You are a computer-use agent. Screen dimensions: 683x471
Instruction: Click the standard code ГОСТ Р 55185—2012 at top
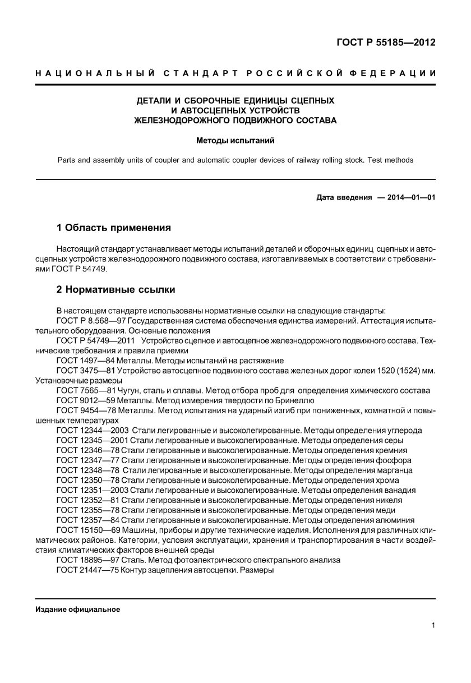coord(386,43)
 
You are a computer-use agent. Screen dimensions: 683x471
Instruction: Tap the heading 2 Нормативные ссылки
coord(116,289)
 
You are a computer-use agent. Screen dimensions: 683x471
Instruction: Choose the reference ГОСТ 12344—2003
coord(93,431)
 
